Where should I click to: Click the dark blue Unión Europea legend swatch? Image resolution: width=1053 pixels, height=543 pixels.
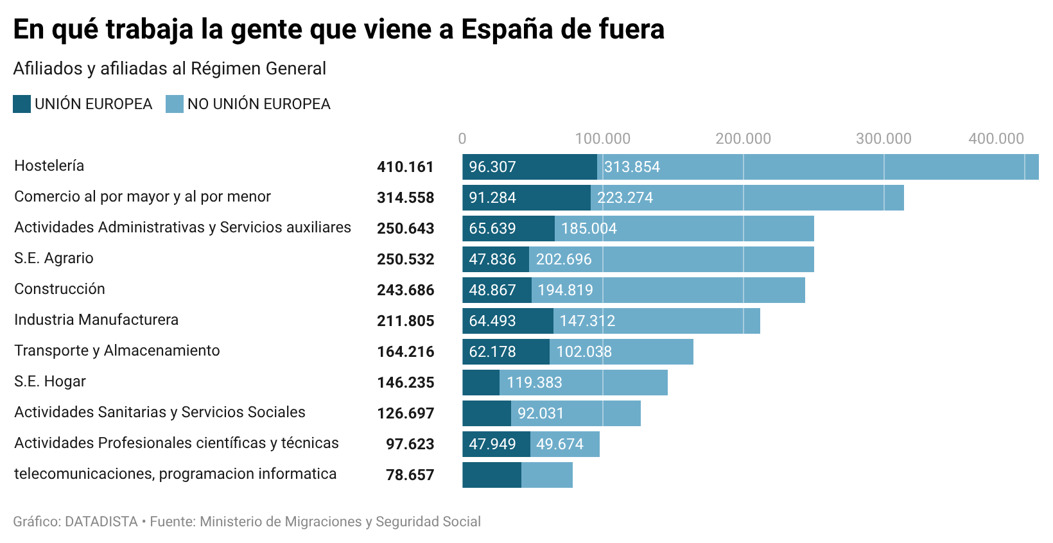pyautogui.click(x=22, y=104)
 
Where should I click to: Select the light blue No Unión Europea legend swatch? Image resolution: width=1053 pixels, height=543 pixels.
pyautogui.click(x=175, y=104)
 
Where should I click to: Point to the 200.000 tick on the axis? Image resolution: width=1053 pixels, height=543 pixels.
pyautogui.click(x=743, y=139)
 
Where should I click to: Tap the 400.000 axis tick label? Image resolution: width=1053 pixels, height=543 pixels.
pyautogui.click(x=996, y=139)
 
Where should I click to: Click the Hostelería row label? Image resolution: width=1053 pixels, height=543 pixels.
pyautogui.click(x=49, y=166)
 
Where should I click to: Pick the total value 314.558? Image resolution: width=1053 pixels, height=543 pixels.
pyautogui.click(x=405, y=198)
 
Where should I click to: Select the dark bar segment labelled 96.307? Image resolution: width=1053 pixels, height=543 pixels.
pyautogui.click(x=530, y=167)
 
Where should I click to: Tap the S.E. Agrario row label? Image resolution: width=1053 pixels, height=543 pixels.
pyautogui.click(x=54, y=258)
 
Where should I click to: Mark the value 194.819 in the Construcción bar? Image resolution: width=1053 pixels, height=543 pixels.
pyautogui.click(x=565, y=290)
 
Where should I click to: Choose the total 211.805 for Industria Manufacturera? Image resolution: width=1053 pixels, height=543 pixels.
pyautogui.click(x=405, y=321)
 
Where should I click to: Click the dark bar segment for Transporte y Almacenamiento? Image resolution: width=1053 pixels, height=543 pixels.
pyautogui.click(x=506, y=352)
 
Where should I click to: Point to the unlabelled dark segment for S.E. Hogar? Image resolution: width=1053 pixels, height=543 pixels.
pyautogui.click(x=481, y=383)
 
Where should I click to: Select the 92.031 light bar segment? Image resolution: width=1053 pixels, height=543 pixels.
pyautogui.click(x=575, y=413)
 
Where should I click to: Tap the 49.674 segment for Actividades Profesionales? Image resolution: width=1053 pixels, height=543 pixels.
pyautogui.click(x=564, y=444)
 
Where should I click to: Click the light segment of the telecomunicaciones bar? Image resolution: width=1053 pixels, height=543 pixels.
pyautogui.click(x=547, y=475)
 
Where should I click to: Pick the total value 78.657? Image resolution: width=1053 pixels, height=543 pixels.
pyautogui.click(x=410, y=475)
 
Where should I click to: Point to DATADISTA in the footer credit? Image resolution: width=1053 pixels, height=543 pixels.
pyautogui.click(x=101, y=522)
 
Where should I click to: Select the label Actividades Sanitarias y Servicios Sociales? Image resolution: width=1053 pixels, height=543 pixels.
pyautogui.click(x=160, y=412)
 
